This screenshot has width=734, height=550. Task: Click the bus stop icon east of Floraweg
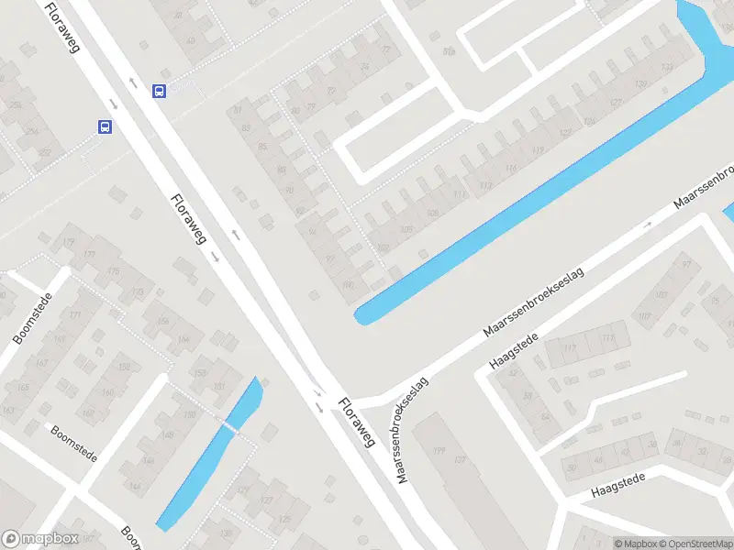point(159,91)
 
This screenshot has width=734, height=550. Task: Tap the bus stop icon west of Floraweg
point(106,127)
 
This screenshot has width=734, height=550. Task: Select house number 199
point(438,452)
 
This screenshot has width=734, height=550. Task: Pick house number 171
point(74,316)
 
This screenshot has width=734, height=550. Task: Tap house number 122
point(564,134)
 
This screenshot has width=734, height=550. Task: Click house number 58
point(526,395)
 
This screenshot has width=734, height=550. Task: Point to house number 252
point(45,151)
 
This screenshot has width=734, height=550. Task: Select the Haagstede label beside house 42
point(514,351)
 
